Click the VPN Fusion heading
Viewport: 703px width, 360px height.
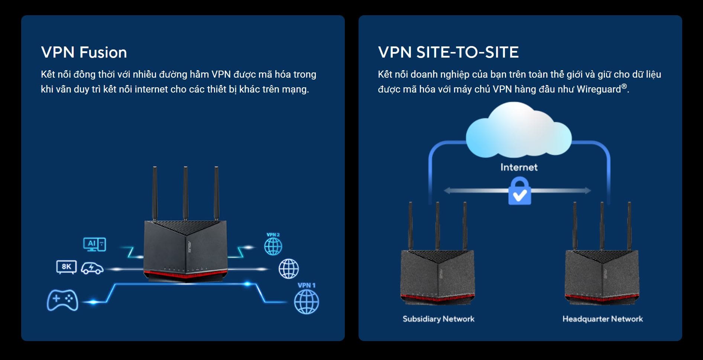(x=84, y=52)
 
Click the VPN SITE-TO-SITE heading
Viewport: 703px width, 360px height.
(x=448, y=52)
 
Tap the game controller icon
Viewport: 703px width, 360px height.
(x=62, y=300)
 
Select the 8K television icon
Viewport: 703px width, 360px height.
(x=67, y=267)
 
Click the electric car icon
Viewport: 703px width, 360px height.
(x=92, y=268)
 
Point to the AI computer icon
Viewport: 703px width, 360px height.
(x=94, y=244)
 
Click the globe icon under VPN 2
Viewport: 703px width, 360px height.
(x=273, y=246)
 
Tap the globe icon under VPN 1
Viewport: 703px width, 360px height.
(x=307, y=302)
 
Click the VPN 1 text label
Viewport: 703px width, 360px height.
(x=307, y=285)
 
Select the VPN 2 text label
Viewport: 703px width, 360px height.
(x=273, y=235)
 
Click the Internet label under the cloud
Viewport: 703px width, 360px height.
(x=519, y=167)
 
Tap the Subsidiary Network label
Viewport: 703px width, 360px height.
(x=438, y=319)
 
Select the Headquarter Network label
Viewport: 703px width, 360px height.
(x=602, y=319)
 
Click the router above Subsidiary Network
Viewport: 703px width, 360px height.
(x=437, y=275)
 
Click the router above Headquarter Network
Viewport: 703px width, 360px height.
(x=602, y=275)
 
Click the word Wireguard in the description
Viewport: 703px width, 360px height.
(x=599, y=90)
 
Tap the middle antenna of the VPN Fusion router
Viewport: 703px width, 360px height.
(x=185, y=193)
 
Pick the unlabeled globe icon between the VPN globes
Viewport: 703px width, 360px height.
(x=289, y=269)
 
